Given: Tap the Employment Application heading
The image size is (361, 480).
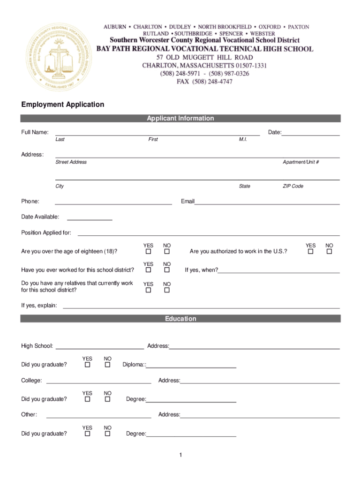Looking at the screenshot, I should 62,105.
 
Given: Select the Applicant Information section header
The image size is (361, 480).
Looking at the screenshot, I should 180,119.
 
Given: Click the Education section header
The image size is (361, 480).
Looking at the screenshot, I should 180,319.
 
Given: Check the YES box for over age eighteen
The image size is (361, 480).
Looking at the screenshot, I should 148,252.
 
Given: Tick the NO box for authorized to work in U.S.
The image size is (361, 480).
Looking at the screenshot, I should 329,252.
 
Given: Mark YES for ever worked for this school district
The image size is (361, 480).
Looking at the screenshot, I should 148,270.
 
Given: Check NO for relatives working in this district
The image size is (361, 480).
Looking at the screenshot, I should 166,290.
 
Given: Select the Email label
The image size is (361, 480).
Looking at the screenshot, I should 188,202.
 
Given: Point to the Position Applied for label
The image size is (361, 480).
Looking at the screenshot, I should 46,232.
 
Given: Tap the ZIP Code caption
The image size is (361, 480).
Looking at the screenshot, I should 293,186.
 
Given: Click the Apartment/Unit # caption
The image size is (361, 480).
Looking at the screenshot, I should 301,162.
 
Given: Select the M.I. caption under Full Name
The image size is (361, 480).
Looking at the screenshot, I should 242,140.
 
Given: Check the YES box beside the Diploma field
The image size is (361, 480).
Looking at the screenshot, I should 87,365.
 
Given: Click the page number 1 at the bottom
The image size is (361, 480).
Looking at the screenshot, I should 180,455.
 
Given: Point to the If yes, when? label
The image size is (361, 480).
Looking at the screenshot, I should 201,270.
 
